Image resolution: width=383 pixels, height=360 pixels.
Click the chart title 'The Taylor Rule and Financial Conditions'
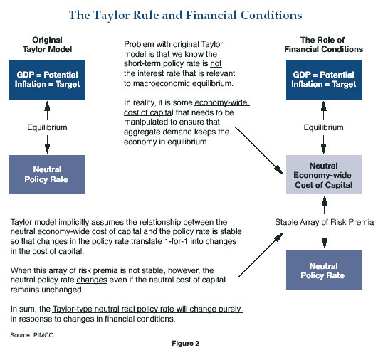tap(191, 14)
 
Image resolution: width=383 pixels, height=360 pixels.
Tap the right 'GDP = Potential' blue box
tap(325, 78)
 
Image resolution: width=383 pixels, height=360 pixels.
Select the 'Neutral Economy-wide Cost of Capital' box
tap(325, 176)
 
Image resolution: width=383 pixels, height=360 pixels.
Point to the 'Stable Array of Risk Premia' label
tap(325, 222)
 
